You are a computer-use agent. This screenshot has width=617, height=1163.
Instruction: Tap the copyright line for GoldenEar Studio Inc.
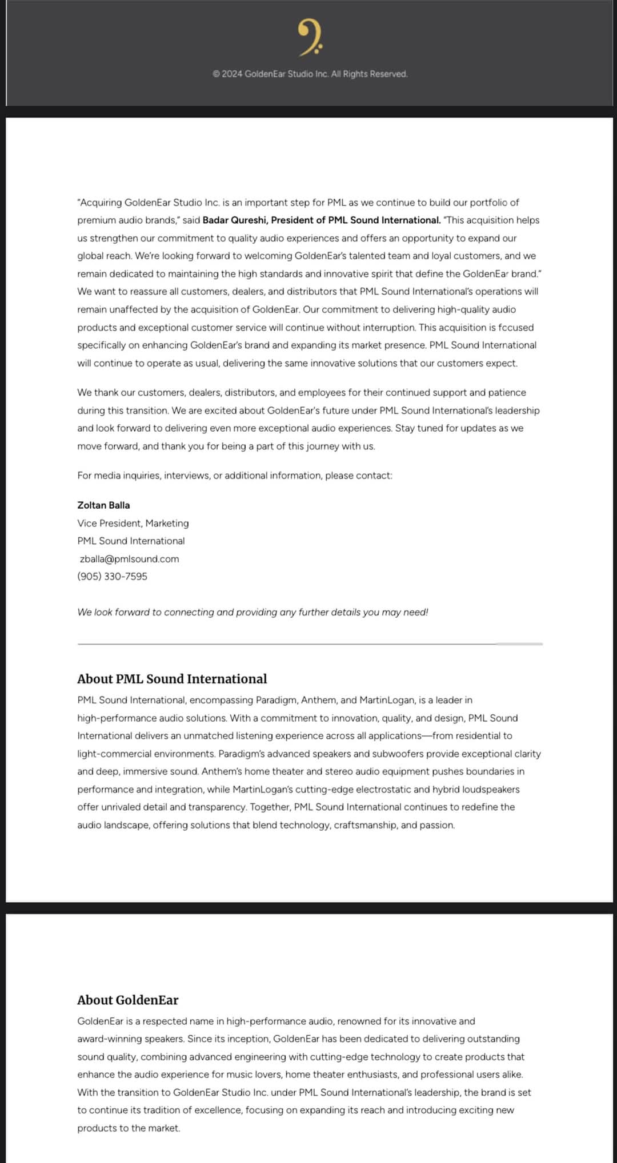tap(310, 74)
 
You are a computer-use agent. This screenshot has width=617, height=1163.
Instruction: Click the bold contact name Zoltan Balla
tap(103, 505)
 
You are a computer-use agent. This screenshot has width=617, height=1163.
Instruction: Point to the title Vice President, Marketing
tap(133, 523)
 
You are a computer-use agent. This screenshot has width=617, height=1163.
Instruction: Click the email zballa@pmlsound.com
tap(129, 559)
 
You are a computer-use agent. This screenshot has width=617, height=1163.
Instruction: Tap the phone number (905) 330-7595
tap(112, 577)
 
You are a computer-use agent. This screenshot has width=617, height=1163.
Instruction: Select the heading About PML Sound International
tap(172, 679)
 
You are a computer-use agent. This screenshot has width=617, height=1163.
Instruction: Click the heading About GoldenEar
tap(127, 1000)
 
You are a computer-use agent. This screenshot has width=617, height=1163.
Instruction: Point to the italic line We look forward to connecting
tap(253, 612)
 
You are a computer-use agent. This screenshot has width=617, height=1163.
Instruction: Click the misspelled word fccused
tap(516, 328)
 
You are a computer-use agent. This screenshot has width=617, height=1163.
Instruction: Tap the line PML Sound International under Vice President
tap(131, 541)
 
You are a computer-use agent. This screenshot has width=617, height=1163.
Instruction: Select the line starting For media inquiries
tap(234, 476)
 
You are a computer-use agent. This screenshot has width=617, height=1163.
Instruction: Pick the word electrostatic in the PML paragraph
tap(383, 790)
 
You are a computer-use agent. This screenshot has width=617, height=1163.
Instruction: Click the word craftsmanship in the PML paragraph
tap(366, 826)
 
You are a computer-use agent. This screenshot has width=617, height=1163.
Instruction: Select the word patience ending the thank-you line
tap(508, 393)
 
